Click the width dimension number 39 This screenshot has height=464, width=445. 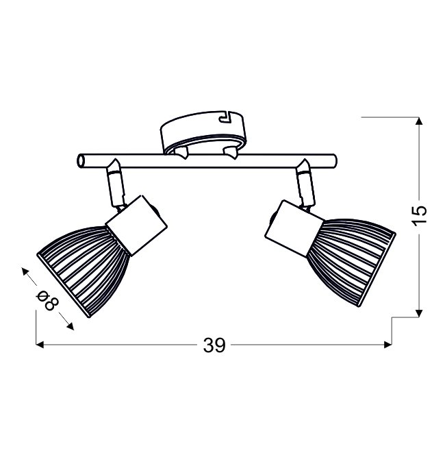point(214,345)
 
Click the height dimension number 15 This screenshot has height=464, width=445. point(420,215)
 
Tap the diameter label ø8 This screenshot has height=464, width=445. point(47,300)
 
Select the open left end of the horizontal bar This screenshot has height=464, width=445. point(81,161)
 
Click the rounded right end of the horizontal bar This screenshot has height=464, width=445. point(333,161)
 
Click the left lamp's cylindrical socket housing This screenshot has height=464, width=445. point(136,225)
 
